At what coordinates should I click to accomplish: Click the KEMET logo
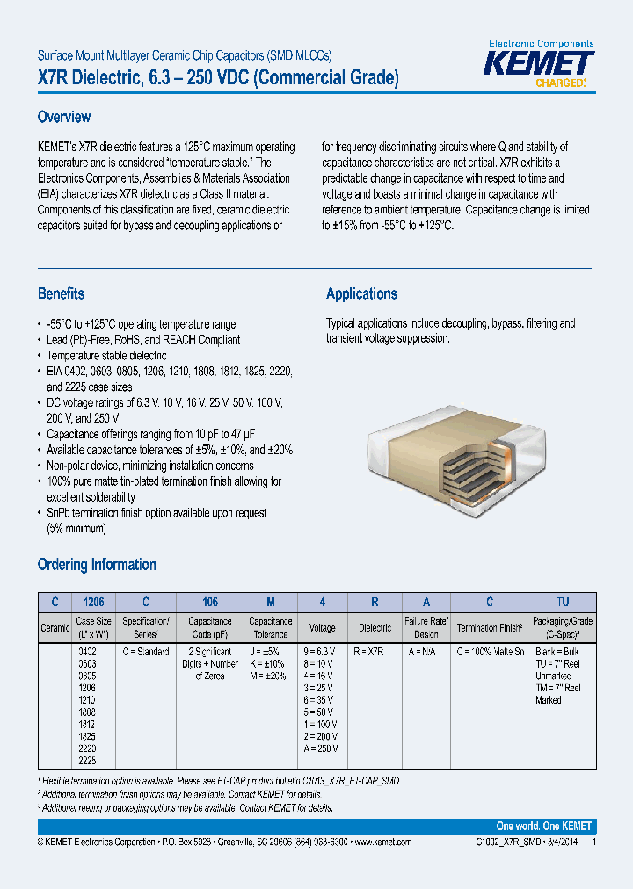coord(542,65)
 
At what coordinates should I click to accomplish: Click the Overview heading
coord(64,117)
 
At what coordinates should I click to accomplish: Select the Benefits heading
coord(62,294)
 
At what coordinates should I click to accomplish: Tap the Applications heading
coord(361,294)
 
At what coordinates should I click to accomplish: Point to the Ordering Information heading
coord(97,565)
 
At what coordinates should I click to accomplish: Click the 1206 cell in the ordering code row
coord(93,603)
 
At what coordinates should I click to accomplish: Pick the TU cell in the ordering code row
coord(563,603)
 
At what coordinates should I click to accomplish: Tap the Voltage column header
coord(323,627)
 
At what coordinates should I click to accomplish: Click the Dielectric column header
coord(375,627)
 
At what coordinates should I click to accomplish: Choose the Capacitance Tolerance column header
coord(270,627)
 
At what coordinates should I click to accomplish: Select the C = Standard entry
coord(146,652)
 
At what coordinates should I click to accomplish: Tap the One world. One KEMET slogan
coord(544,827)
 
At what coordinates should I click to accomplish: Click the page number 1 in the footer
coord(593,842)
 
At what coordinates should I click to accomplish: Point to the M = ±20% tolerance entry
coord(268,676)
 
